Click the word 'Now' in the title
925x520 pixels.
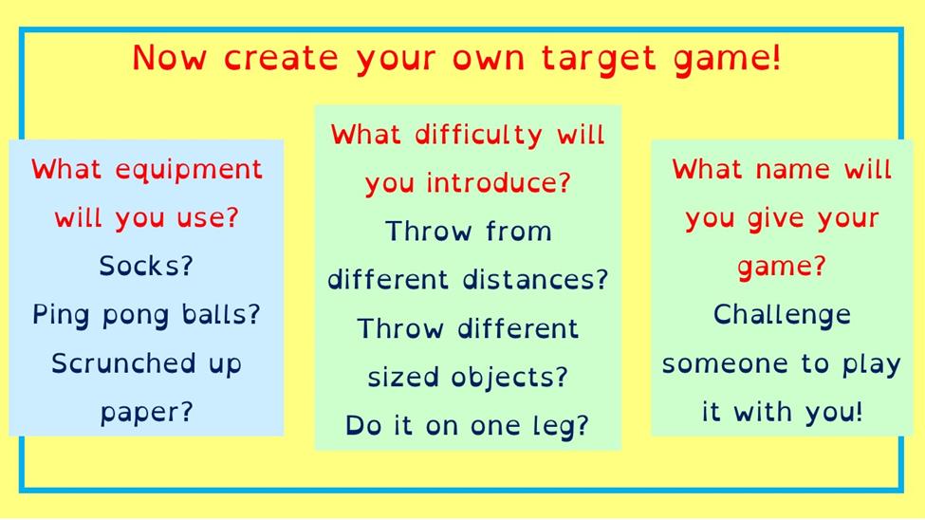[x=169, y=58]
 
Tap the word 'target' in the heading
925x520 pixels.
[x=599, y=59]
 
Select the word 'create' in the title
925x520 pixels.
[x=281, y=58]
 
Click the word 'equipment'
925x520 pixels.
[x=188, y=171]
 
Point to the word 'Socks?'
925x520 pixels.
[x=146, y=266]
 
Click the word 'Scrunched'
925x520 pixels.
[x=122, y=363]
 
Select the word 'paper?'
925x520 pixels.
[x=146, y=413]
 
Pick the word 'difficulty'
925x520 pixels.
[x=478, y=135]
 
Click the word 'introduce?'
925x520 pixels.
[x=498, y=182]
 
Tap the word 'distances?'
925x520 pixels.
[x=535, y=279]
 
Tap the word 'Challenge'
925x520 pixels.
[x=782, y=316]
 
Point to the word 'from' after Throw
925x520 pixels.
[x=519, y=231]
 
